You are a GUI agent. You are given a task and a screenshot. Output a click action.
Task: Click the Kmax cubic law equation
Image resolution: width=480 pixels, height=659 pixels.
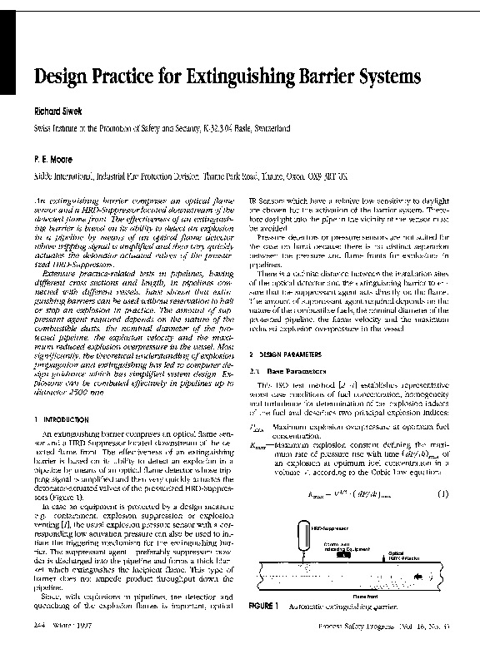(349, 494)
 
